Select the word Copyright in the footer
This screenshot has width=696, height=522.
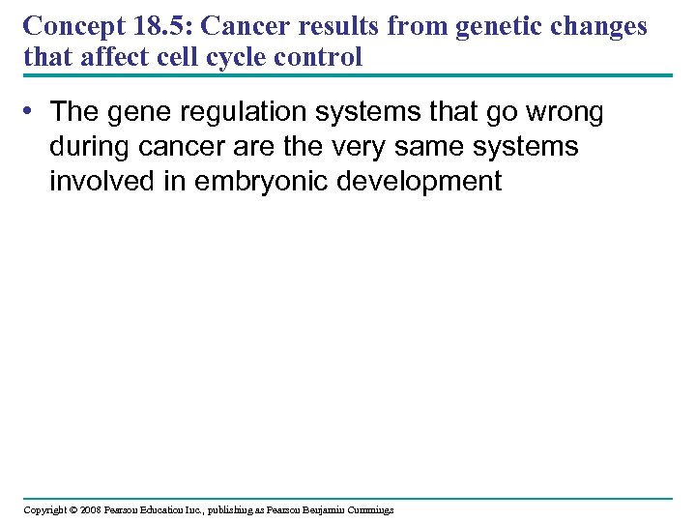pyautogui.click(x=45, y=509)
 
